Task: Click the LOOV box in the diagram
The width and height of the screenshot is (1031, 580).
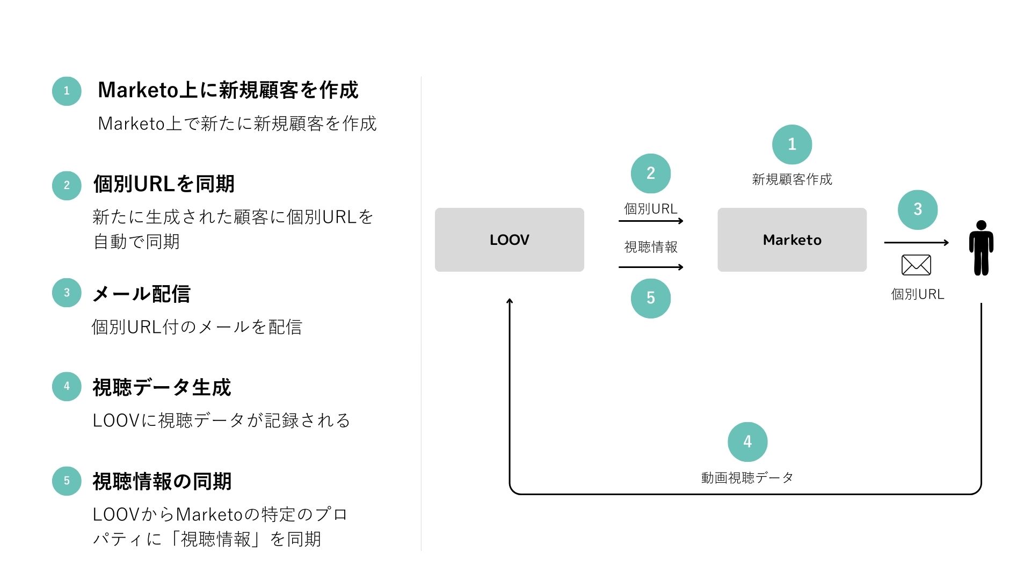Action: [x=509, y=240]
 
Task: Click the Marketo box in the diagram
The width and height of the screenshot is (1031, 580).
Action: [x=792, y=240]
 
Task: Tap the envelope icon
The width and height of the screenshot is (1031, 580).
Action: [x=916, y=265]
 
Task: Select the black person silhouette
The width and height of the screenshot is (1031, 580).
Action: [x=981, y=248]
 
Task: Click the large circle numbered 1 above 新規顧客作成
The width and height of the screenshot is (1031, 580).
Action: [x=792, y=144]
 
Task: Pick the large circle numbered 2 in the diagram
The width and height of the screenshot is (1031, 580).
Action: [x=650, y=173]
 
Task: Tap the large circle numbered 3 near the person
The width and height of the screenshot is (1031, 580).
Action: [x=917, y=209]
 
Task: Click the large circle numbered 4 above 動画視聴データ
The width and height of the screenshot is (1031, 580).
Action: [x=747, y=441]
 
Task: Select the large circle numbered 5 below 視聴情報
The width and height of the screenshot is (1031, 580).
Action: [x=650, y=298]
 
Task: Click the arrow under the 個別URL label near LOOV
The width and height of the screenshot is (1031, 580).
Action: [x=650, y=221]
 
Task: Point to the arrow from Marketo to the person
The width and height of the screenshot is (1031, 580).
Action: [x=916, y=243]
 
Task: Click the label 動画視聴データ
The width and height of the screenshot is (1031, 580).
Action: [x=747, y=477]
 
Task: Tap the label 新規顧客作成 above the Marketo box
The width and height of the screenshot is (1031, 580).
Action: [x=792, y=179]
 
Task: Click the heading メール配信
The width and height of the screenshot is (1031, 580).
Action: [x=141, y=294]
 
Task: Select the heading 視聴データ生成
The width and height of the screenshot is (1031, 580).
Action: [x=162, y=387]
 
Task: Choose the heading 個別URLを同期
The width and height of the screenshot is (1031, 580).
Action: [x=164, y=184]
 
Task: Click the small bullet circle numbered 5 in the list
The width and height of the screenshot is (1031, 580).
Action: [x=67, y=481]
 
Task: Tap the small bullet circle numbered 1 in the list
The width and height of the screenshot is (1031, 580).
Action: [x=67, y=91]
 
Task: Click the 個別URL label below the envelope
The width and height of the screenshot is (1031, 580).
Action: [x=917, y=294]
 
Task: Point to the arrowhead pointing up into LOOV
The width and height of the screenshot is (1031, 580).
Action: [x=510, y=301]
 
